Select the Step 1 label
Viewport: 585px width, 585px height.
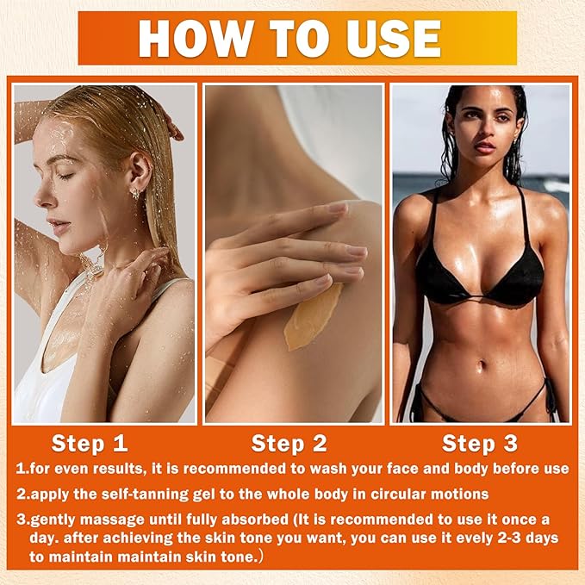[x=90, y=444]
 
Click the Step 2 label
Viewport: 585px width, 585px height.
[x=289, y=444]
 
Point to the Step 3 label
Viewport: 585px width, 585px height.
[x=481, y=444]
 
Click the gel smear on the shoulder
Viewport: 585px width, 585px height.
[x=312, y=317]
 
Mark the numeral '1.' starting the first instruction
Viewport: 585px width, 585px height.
[x=21, y=469]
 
